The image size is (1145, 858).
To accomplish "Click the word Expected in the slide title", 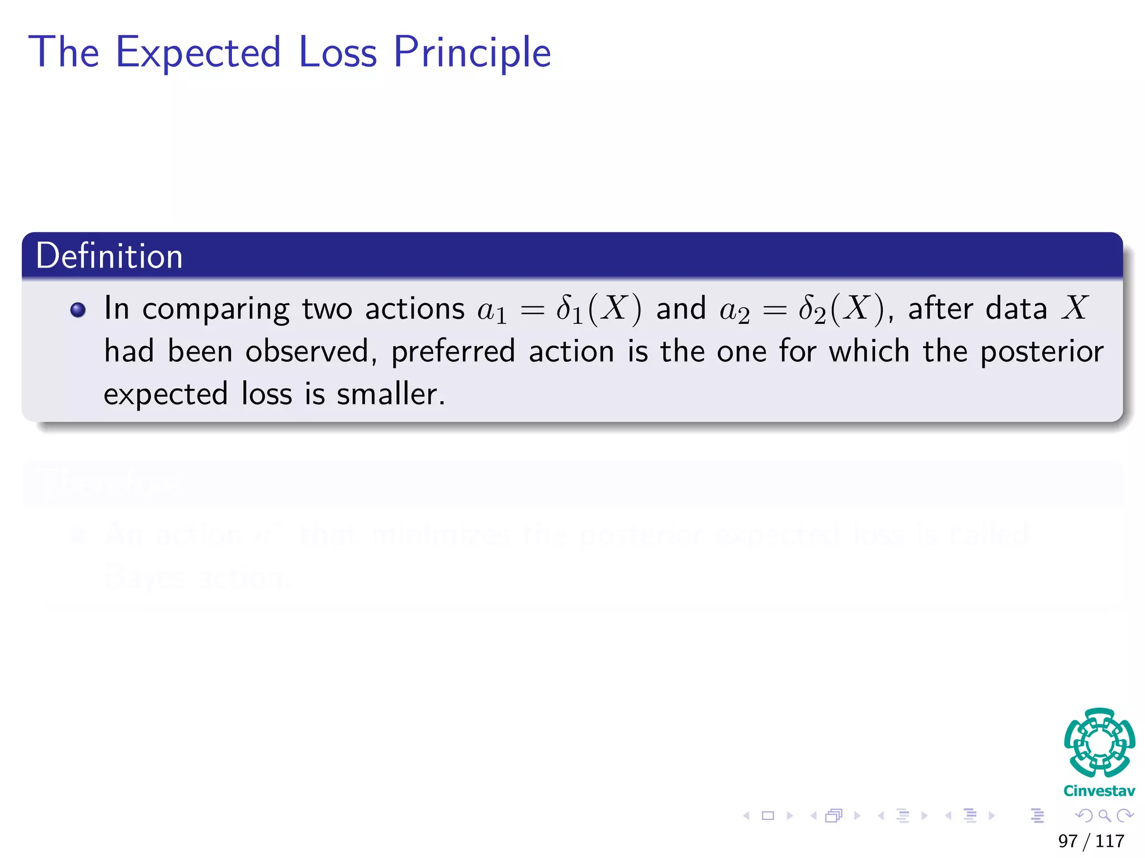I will pyautogui.click(x=198, y=53).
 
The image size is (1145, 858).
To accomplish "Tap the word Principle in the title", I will pyautogui.click(x=472, y=53).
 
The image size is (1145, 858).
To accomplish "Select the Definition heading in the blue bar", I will pyautogui.click(x=110, y=256).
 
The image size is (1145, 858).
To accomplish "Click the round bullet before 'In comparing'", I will pyautogui.click(x=78, y=310).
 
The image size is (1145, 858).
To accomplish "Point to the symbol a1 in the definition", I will pyautogui.click(x=492, y=311).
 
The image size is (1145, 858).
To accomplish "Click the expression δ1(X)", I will pyautogui.click(x=599, y=309).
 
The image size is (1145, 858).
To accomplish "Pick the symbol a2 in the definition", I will pyautogui.click(x=734, y=311).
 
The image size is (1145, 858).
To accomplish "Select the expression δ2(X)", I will pyautogui.click(x=841, y=309).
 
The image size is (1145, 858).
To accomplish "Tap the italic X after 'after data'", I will pyautogui.click(x=1075, y=308).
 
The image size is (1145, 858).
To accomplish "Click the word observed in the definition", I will pyautogui.click(x=307, y=352).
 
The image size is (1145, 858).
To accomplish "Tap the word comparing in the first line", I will pyautogui.click(x=215, y=310).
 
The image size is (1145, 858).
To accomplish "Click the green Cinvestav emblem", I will pyautogui.click(x=1099, y=742).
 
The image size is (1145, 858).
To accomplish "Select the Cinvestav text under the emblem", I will pyautogui.click(x=1099, y=791).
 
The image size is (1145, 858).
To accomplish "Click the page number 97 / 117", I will pyautogui.click(x=1091, y=841).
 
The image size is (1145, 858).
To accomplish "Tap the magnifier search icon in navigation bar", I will pyautogui.click(x=1104, y=816).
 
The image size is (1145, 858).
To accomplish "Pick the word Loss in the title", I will pyautogui.click(x=338, y=53).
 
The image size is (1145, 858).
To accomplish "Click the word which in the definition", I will pyautogui.click(x=869, y=352).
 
